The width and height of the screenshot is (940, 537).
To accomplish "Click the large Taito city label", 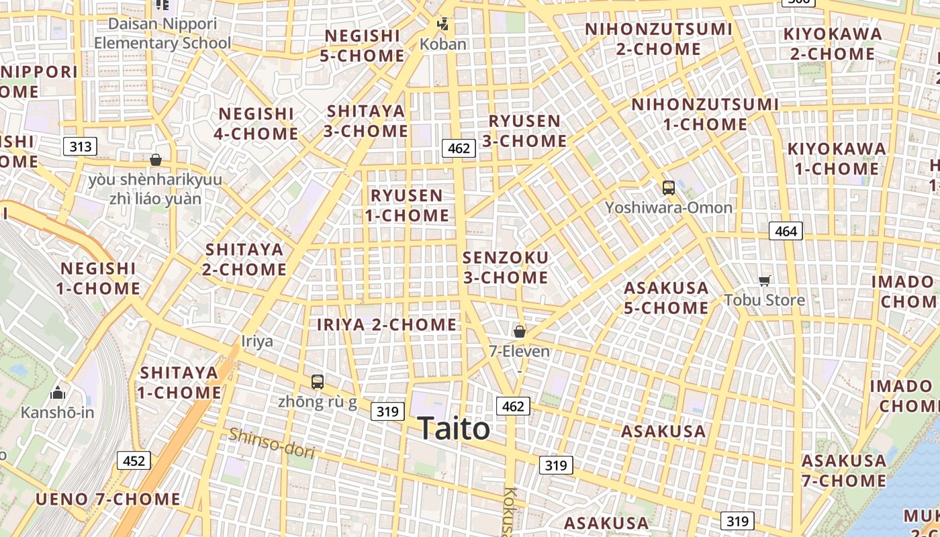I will tap(454, 428).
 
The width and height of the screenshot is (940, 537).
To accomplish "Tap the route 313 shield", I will tap(81, 146).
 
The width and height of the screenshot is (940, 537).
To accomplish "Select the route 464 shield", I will tap(786, 232).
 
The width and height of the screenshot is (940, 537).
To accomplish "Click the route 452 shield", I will tap(134, 460).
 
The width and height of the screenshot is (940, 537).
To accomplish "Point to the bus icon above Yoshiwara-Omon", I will tap(668, 188).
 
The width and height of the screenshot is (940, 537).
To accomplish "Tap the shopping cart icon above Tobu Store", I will tap(764, 281).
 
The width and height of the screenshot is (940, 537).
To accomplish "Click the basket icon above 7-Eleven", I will tap(519, 331).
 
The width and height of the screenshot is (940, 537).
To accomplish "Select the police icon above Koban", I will tap(442, 25).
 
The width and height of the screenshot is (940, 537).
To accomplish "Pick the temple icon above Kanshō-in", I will tap(58, 393).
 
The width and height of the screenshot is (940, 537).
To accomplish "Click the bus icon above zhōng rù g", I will tap(318, 382).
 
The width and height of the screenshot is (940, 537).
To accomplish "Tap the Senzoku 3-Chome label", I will tap(506, 267).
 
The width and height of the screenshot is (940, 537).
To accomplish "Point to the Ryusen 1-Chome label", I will tap(407, 205).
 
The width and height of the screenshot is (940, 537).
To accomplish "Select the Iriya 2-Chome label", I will tap(387, 325).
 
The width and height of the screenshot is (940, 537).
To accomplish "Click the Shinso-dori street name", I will tap(271, 443).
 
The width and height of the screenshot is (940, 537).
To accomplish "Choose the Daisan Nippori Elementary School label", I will tap(162, 34).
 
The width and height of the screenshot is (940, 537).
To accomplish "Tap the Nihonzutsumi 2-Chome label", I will tap(658, 39).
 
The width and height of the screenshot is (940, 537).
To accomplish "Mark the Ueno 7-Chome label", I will tap(108, 499).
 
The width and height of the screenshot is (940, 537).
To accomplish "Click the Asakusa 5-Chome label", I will tap(666, 297).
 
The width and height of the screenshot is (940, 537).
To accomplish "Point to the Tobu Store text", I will tap(764, 299).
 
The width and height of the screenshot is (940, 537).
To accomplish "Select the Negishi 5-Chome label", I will tap(362, 45).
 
